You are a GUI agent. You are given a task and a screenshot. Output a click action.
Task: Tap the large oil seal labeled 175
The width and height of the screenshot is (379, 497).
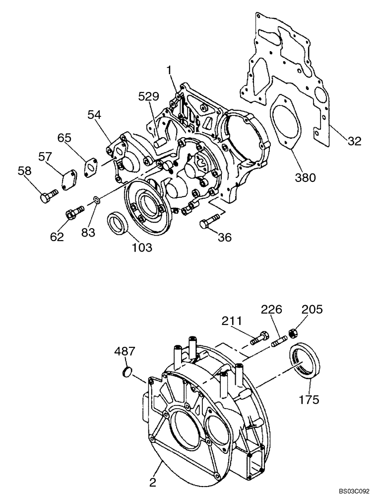(x=303, y=361)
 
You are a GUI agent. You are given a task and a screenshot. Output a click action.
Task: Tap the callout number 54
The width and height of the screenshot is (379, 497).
(x=95, y=115)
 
